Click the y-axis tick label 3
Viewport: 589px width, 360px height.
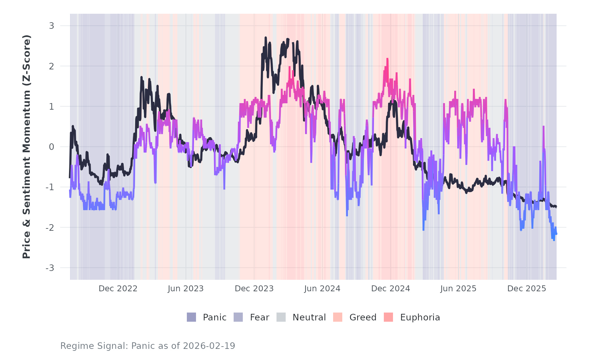[x=51, y=26]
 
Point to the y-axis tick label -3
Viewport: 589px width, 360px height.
[x=50, y=268]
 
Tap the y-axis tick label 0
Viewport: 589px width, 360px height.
[x=51, y=147]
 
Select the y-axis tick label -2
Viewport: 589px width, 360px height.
[x=50, y=228]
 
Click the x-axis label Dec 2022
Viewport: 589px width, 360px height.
[x=118, y=289]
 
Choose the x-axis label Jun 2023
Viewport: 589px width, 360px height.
[x=186, y=289]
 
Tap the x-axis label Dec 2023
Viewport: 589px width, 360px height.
[x=254, y=289]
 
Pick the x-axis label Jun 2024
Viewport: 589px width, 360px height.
[x=322, y=289]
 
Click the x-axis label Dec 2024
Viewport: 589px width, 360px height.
[x=390, y=289]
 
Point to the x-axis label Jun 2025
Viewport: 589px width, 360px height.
[x=458, y=289]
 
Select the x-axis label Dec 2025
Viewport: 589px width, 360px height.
[x=527, y=289]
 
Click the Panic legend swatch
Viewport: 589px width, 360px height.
[x=191, y=317]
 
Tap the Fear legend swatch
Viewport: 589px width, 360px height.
[x=238, y=317]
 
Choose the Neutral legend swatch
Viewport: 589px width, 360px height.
[x=281, y=317]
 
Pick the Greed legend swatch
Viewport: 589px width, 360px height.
[x=338, y=317]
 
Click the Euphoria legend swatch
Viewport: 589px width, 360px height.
[x=388, y=317]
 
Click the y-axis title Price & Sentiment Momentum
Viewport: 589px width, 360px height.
[x=27, y=147]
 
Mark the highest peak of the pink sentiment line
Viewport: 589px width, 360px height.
[x=387, y=59]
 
